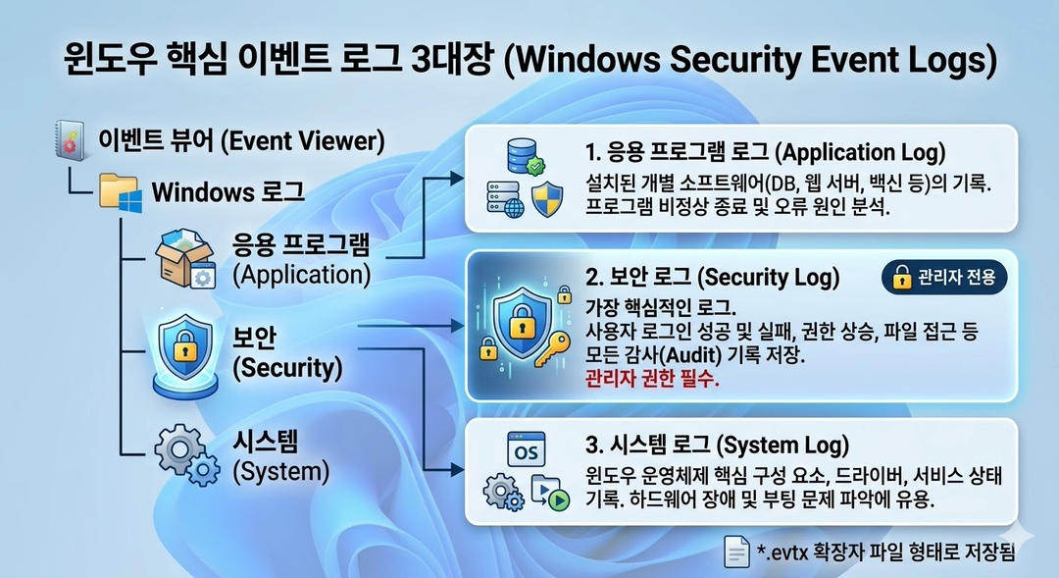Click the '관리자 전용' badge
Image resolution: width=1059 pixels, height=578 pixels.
point(944,278)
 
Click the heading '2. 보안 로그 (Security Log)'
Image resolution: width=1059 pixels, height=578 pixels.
point(712,278)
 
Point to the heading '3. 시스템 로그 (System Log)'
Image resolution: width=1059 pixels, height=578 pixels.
point(716,445)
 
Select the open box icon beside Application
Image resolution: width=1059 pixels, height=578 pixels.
point(185,259)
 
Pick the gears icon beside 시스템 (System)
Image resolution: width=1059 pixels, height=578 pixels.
point(186,456)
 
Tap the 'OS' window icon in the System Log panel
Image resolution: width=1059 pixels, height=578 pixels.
point(527,450)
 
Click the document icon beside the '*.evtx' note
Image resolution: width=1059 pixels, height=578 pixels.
point(735,552)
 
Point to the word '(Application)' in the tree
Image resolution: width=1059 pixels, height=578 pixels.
point(301,275)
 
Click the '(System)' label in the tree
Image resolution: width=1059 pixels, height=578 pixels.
point(280,471)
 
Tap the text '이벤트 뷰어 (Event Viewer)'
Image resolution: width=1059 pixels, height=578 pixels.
point(238,140)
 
